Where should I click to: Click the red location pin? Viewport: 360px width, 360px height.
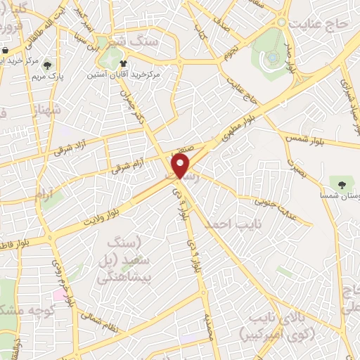tap(181, 167)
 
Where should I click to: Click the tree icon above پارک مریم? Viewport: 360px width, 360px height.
tap(47, 62)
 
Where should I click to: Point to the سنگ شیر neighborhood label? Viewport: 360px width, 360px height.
tap(129, 43)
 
